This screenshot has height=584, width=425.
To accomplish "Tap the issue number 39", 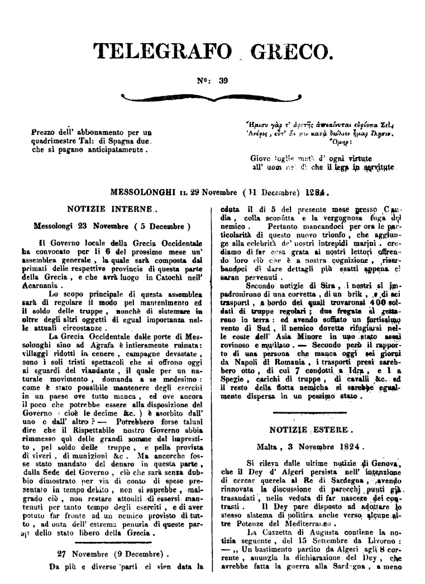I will pyautogui.click(x=223, y=80).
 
